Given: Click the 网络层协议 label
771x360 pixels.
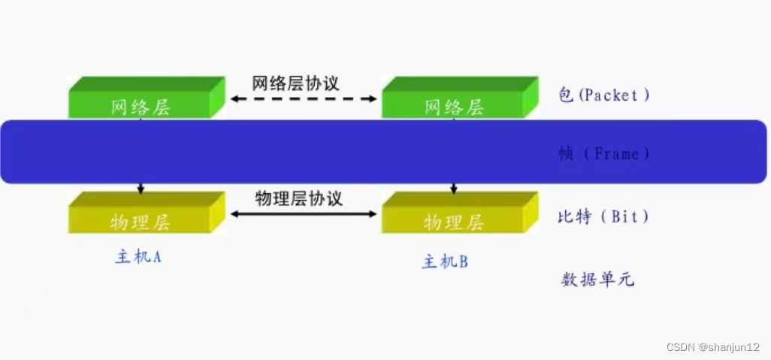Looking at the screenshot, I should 295,83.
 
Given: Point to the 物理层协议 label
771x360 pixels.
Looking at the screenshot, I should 298,198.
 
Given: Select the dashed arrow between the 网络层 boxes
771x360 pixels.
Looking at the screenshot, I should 303,98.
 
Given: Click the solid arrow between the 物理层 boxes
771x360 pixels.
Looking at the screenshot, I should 303,214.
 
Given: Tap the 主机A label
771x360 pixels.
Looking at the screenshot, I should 138,256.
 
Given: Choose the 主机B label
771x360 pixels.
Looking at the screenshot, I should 445,262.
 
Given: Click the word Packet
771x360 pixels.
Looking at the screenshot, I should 610,95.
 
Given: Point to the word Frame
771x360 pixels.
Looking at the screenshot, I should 616,154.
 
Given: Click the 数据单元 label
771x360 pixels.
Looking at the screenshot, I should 597,280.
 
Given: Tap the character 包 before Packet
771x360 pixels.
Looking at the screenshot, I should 566,95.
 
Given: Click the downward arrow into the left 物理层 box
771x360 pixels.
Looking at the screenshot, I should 141,188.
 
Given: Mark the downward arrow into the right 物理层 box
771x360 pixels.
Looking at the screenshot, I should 454,188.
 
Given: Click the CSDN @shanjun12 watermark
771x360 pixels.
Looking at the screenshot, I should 713,346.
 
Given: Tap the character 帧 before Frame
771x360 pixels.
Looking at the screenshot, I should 566,154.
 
